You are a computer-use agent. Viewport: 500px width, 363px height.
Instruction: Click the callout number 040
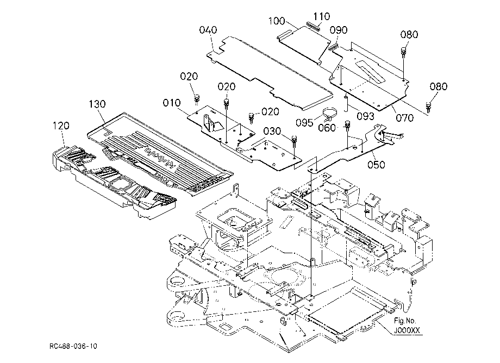[208, 30]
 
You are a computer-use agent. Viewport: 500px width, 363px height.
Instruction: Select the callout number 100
[277, 21]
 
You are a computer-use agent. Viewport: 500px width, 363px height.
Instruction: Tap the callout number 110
[321, 16]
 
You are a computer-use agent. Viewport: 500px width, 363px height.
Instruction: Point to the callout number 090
[339, 30]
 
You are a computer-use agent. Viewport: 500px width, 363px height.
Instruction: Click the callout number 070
[405, 118]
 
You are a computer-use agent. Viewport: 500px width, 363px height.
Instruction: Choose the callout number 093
[365, 116]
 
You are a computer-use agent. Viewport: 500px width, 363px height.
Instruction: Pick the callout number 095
[304, 122]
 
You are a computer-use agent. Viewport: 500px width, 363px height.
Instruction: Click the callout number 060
[327, 128]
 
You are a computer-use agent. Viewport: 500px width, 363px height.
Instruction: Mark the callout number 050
[376, 165]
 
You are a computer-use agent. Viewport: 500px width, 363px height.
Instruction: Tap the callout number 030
[272, 131]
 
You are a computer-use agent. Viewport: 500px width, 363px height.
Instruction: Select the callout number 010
[172, 103]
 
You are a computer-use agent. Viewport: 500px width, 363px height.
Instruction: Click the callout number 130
[97, 104]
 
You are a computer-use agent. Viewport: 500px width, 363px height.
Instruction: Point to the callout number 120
[61, 126]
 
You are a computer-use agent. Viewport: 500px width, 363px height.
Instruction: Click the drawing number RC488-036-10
[73, 346]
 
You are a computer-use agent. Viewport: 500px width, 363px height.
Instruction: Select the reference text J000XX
[407, 330]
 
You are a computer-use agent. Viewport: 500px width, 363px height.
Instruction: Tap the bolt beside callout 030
[295, 141]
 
